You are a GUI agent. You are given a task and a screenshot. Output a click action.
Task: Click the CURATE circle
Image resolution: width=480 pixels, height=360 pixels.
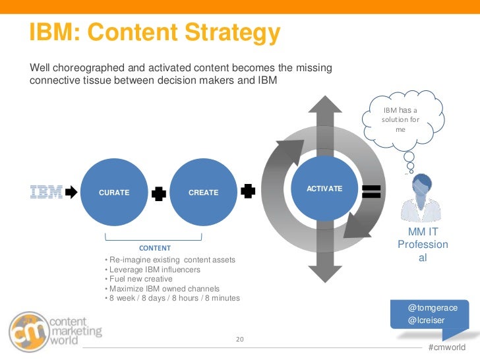[x=113, y=192]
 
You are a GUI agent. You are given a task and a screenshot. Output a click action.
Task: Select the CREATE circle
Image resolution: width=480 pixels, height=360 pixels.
[x=203, y=192]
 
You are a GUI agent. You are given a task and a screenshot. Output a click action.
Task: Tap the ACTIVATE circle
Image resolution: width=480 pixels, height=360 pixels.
[x=324, y=189]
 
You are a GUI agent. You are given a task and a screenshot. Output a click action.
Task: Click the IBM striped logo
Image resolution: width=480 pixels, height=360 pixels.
[x=46, y=192]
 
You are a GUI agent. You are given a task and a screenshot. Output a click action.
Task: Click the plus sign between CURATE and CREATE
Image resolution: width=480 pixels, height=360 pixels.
[x=158, y=193]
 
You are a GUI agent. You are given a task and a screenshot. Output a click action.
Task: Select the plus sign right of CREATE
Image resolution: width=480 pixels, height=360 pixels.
[x=248, y=191]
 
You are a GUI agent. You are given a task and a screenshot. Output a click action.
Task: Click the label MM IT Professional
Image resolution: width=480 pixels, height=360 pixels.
[x=423, y=244]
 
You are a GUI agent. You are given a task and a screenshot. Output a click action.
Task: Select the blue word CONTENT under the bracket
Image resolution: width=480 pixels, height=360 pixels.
[x=155, y=248]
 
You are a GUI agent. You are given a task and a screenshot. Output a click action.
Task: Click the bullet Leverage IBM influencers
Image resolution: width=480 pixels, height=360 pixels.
[x=154, y=270]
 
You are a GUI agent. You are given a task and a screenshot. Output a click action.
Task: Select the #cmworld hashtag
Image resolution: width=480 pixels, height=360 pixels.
[x=446, y=347]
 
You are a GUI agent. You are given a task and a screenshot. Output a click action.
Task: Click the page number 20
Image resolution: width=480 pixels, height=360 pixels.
[x=240, y=340]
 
